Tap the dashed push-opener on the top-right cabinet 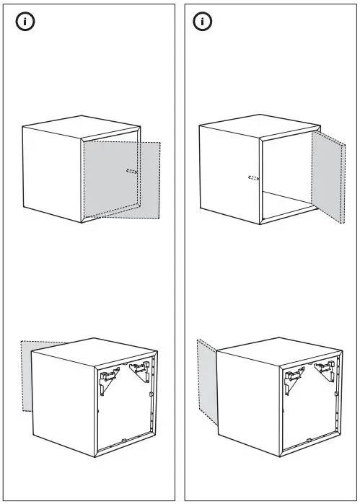[x=253, y=177]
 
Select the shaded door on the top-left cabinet [x=119, y=180]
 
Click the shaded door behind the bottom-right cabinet [x=206, y=379]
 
